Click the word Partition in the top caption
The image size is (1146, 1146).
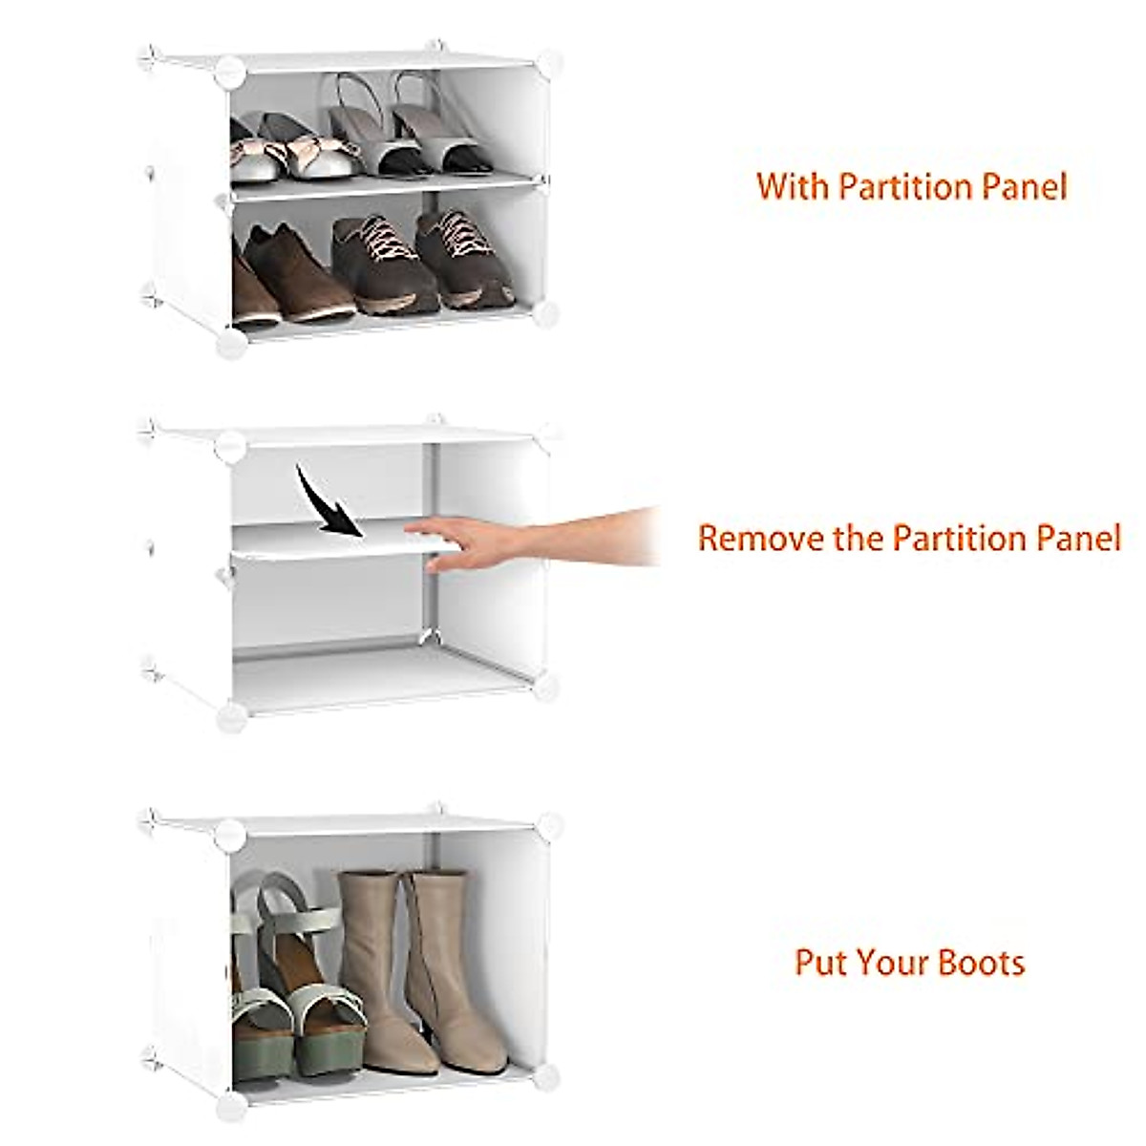(898, 186)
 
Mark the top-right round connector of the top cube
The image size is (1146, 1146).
(547, 63)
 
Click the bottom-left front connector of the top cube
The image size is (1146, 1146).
(230, 343)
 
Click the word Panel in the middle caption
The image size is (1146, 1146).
(1074, 538)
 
